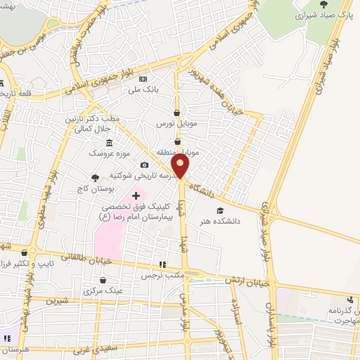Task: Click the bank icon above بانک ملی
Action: pos(143,79)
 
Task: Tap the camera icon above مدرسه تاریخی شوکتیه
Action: pos(143,165)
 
